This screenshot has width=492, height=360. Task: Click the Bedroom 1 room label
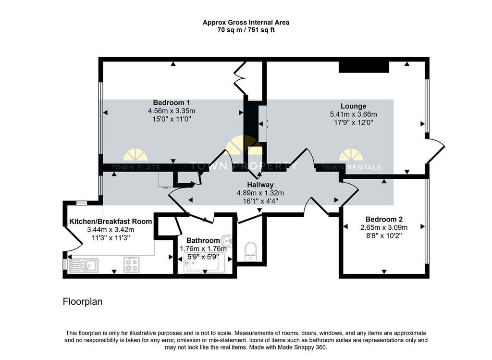pyautogui.click(x=172, y=103)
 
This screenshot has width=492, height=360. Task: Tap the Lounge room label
pyautogui.click(x=353, y=106)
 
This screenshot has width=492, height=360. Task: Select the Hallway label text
pyautogui.click(x=260, y=185)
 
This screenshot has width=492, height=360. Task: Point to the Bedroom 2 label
pyautogui.click(x=384, y=219)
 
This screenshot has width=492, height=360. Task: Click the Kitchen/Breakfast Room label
pyautogui.click(x=111, y=221)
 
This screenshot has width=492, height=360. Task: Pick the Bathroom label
pyautogui.click(x=203, y=240)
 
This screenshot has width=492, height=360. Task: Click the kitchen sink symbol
pyautogui.click(x=84, y=265)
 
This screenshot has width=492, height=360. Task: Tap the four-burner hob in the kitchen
pyautogui.click(x=132, y=264)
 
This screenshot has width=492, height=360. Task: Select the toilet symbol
pyautogui.click(x=250, y=251)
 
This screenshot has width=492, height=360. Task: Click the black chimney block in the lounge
pyautogui.click(x=364, y=67)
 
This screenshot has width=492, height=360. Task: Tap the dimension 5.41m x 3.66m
pyautogui.click(x=353, y=114)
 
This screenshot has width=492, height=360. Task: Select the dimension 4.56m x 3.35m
pyautogui.click(x=172, y=111)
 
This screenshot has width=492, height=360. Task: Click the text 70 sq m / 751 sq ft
pyautogui.click(x=246, y=30)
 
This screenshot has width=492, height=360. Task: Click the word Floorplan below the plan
pyautogui.click(x=83, y=302)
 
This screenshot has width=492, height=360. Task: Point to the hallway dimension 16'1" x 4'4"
pyautogui.click(x=260, y=201)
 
